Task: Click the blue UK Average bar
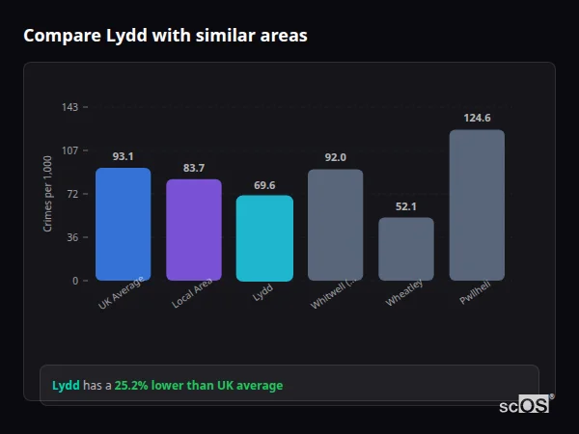point(123,225)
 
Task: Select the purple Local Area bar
point(194,231)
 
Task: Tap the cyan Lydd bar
point(264,238)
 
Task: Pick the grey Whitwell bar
point(335,226)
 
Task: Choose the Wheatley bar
point(406,249)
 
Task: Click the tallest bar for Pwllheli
point(477,205)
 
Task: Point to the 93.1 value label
point(123,156)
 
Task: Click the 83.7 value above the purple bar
point(194,168)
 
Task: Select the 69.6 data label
point(264,184)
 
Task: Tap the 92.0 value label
point(335,157)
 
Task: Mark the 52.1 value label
point(406,206)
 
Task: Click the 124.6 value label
point(477,118)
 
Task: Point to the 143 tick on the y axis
point(69,107)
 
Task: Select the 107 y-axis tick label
point(69,150)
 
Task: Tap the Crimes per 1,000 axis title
point(48,195)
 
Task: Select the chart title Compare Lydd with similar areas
point(165,36)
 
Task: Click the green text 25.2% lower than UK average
point(199,386)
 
